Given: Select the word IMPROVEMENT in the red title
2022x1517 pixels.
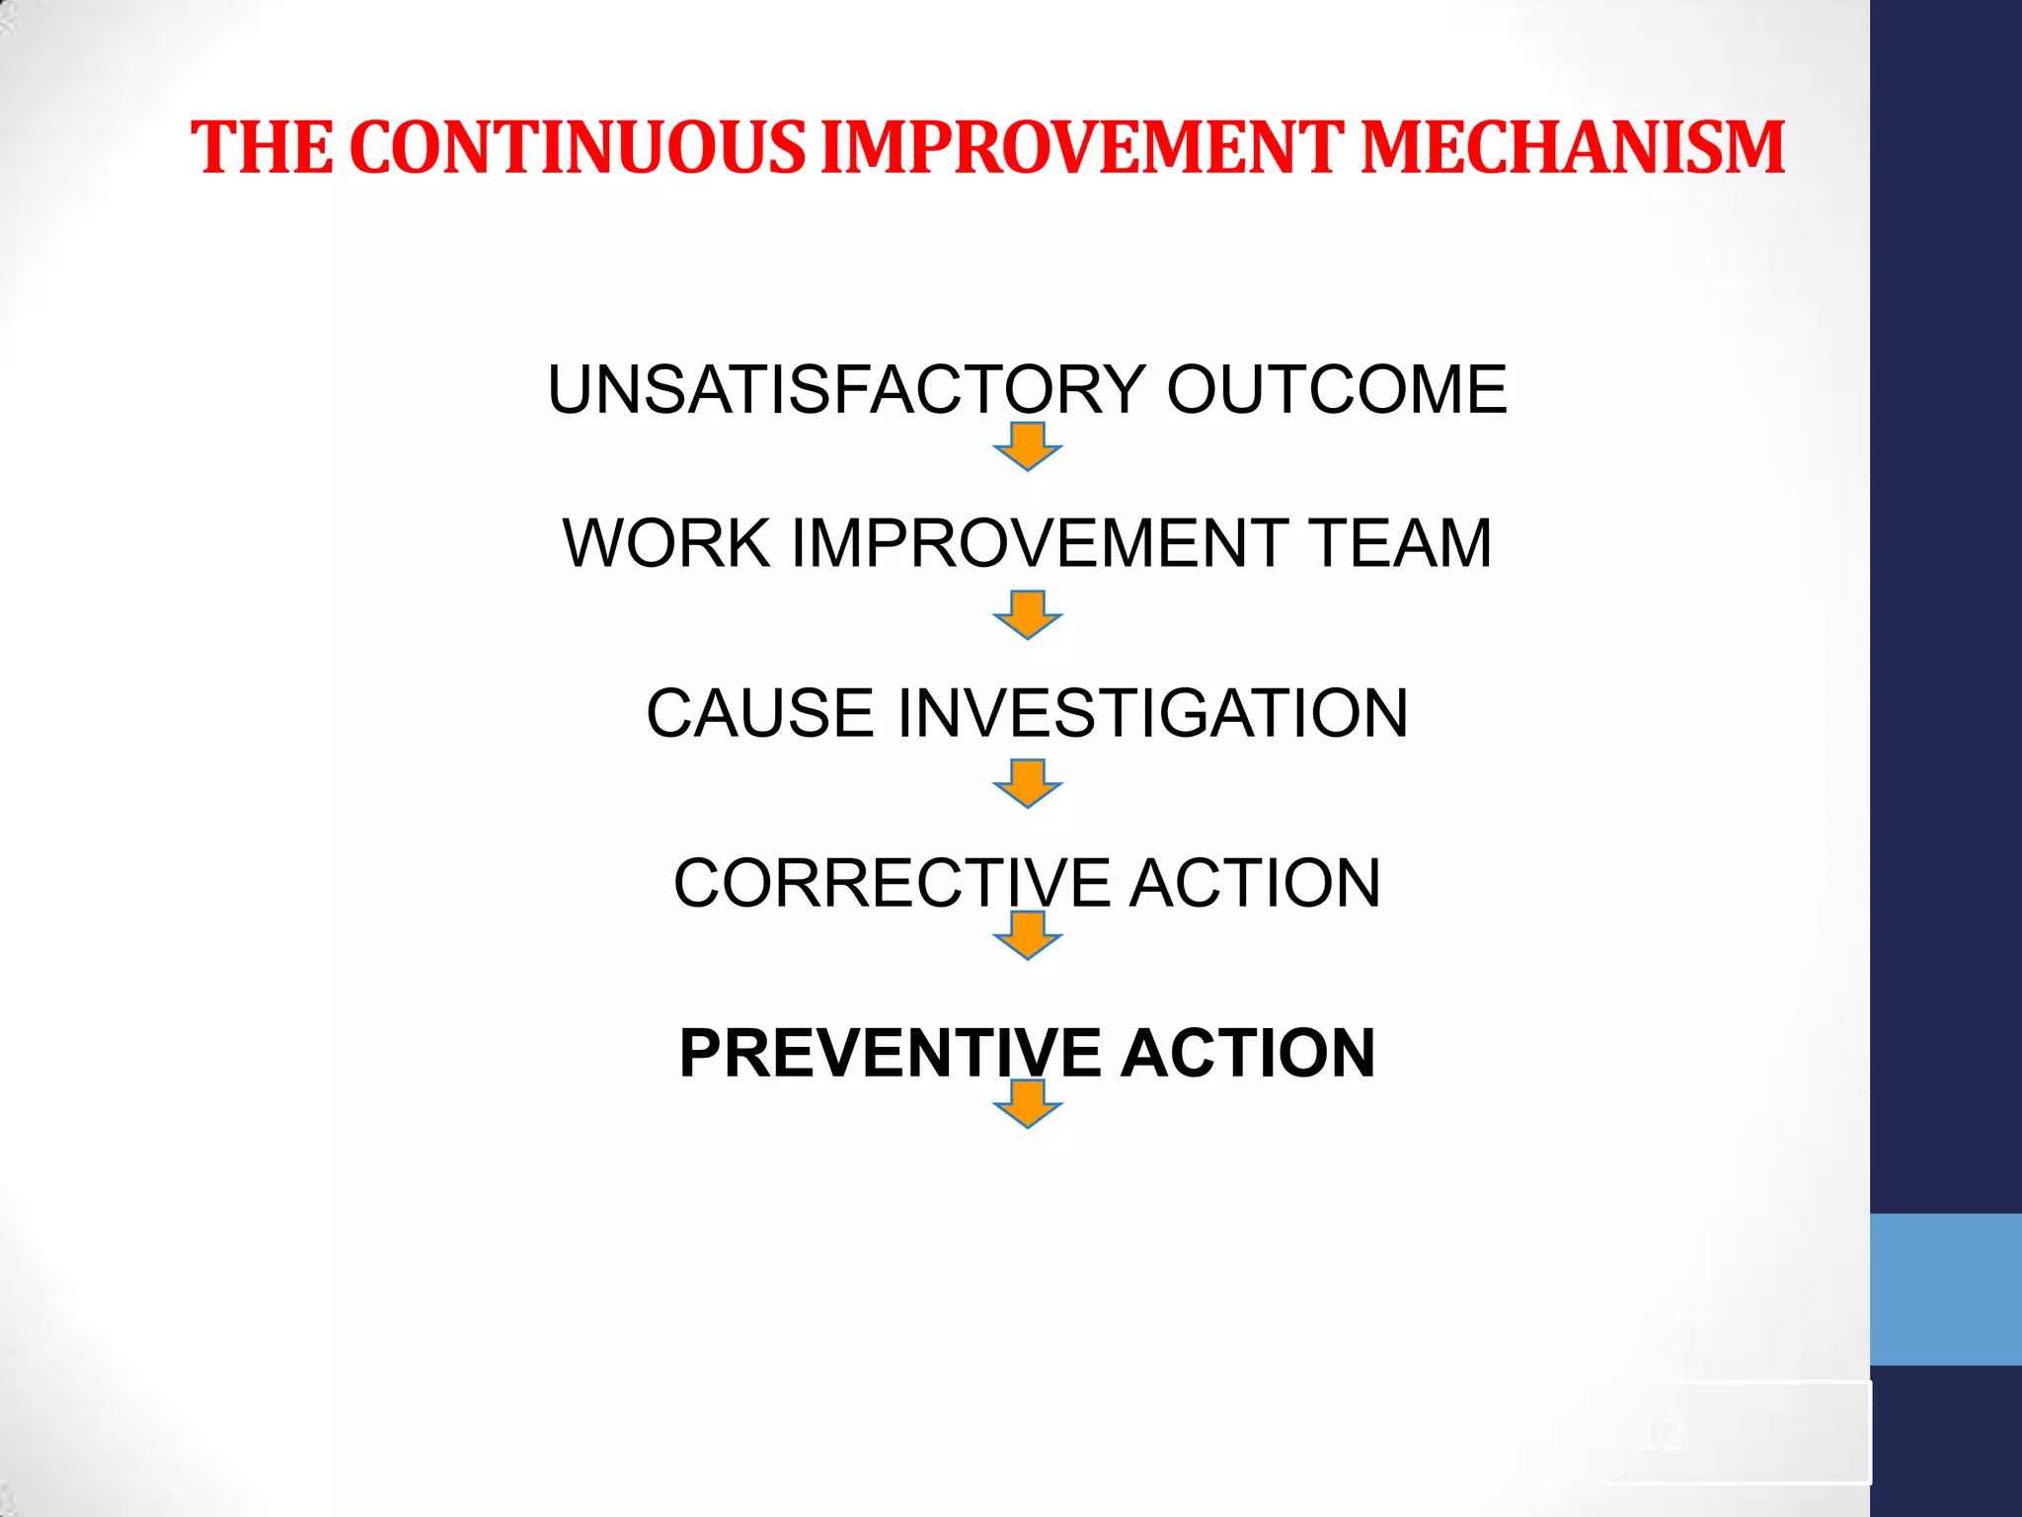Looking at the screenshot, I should (x=1082, y=148).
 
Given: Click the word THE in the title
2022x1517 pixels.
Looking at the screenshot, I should (x=263, y=148).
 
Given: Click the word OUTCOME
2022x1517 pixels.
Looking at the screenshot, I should (x=1337, y=389).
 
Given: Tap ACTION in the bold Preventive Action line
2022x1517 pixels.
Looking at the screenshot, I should (x=1248, y=1053).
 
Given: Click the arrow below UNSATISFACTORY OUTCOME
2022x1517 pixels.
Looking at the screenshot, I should (x=1028, y=446).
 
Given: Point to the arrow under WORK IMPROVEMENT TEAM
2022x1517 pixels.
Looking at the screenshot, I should (x=1028, y=615).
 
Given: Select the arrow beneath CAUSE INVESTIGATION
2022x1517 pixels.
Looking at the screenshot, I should (x=1028, y=784).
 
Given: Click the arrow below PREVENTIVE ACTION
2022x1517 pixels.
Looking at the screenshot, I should (x=1028, y=1104).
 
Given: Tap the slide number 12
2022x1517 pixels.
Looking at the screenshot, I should (x=1660, y=1433).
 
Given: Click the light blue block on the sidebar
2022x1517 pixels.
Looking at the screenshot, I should (x=1945, y=1289).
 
